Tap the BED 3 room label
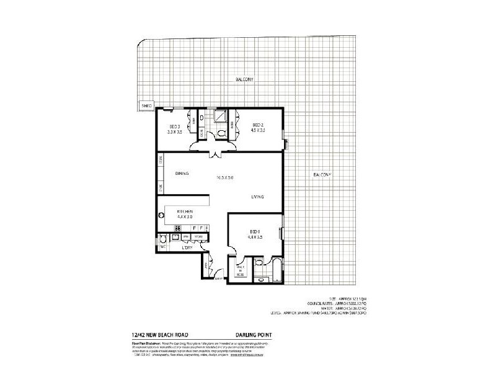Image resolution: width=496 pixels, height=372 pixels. [x=175, y=129]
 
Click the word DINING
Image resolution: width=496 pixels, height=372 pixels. [x=182, y=174]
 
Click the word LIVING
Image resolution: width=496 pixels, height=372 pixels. [x=258, y=197]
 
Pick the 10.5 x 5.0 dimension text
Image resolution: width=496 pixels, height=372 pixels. [x=224, y=177]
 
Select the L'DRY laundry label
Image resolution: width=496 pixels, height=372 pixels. [x=188, y=247]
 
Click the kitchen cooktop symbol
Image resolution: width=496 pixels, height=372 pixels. [x=177, y=228]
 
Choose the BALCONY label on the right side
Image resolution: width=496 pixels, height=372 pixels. [x=322, y=174]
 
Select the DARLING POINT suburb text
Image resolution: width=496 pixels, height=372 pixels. [x=254, y=337]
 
